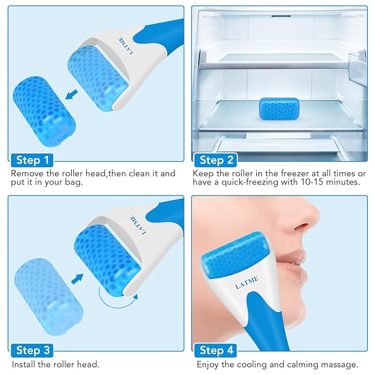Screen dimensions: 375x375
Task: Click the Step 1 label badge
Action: point(33,161)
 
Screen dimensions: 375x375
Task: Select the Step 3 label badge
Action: point(33,350)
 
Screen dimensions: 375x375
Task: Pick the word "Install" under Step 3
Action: point(24,365)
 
